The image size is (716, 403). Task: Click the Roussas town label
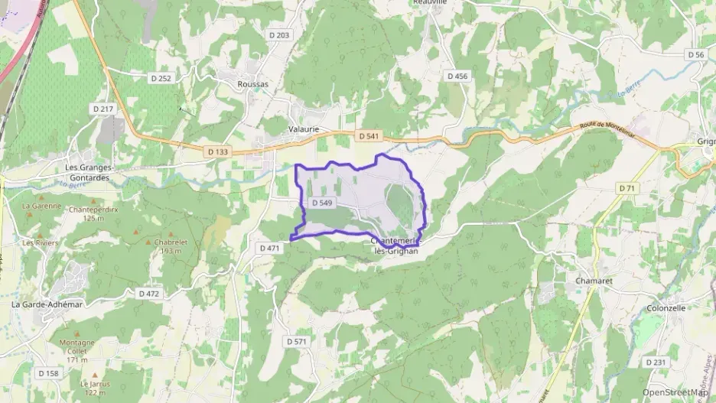[253, 84]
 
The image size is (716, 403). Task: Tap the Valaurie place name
[304, 130]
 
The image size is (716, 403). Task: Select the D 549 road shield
[322, 203]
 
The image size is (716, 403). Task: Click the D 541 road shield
[369, 136]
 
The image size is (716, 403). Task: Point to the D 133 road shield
[218, 152]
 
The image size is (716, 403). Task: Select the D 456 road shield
[457, 76]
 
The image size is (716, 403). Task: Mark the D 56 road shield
[695, 54]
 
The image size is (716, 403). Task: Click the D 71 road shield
[627, 188]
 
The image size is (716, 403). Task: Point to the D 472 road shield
[149, 294]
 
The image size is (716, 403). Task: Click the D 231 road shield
[656, 362]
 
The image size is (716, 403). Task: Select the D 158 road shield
[47, 373]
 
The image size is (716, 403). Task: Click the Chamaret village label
[591, 281]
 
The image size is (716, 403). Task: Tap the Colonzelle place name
[666, 308]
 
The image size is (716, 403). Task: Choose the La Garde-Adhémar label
[47, 304]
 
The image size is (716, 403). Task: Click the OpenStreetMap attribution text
[675, 392]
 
